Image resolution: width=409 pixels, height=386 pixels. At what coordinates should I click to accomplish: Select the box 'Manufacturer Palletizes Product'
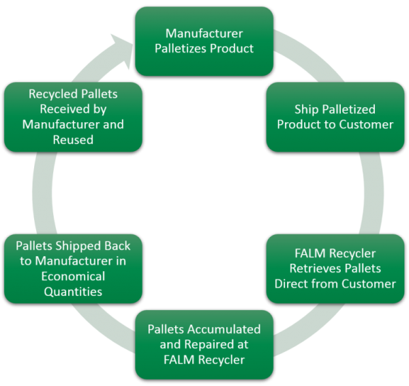[204, 40]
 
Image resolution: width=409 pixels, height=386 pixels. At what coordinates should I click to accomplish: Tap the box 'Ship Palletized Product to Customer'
[335, 117]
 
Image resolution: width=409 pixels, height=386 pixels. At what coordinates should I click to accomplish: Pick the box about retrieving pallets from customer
[335, 269]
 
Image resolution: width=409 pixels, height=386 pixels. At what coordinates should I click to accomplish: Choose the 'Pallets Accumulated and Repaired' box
[204, 344]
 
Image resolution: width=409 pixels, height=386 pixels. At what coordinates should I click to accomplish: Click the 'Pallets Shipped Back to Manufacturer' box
[73, 268]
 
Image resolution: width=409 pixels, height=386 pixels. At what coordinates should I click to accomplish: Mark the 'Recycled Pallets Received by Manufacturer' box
[73, 117]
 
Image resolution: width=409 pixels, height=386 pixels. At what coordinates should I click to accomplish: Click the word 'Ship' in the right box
[307, 109]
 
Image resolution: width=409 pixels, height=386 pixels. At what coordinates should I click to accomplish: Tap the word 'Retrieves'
[335, 269]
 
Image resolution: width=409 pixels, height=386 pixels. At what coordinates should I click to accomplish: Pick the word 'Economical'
[73, 277]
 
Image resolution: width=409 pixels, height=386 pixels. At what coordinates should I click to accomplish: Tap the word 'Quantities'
[73, 292]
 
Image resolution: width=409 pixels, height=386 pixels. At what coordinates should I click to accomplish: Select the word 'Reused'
[73, 139]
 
